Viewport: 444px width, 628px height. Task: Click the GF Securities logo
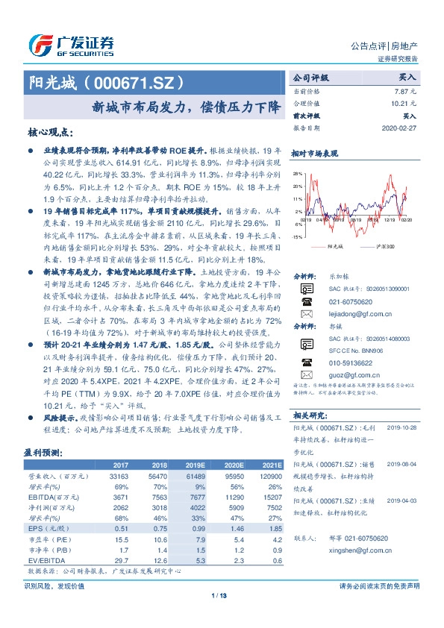[x=70, y=44]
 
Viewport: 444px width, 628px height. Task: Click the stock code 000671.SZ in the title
[x=135, y=81]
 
